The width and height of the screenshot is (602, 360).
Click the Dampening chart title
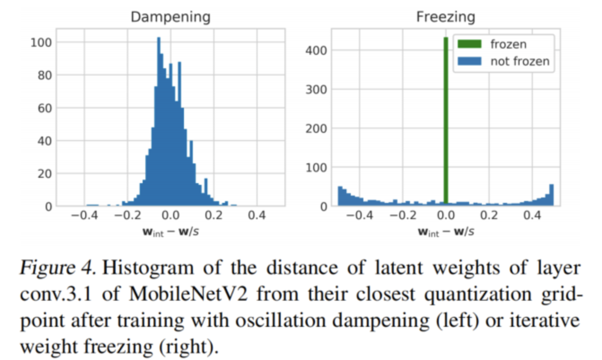click(170, 17)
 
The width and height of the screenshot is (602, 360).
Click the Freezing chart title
click(445, 17)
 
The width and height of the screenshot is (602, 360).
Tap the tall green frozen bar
click(446, 121)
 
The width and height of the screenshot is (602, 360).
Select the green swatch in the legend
click(469, 44)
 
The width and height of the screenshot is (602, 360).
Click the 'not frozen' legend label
click(519, 61)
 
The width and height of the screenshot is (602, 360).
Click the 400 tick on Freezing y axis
click(314, 50)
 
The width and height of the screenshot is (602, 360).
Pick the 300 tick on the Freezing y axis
click(314, 89)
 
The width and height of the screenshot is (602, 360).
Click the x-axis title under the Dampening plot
click(170, 232)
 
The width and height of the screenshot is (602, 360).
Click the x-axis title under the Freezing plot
click(445, 232)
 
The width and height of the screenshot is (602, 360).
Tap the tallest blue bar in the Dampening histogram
click(158, 121)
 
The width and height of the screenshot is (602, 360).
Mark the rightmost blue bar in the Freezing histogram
click(551, 195)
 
